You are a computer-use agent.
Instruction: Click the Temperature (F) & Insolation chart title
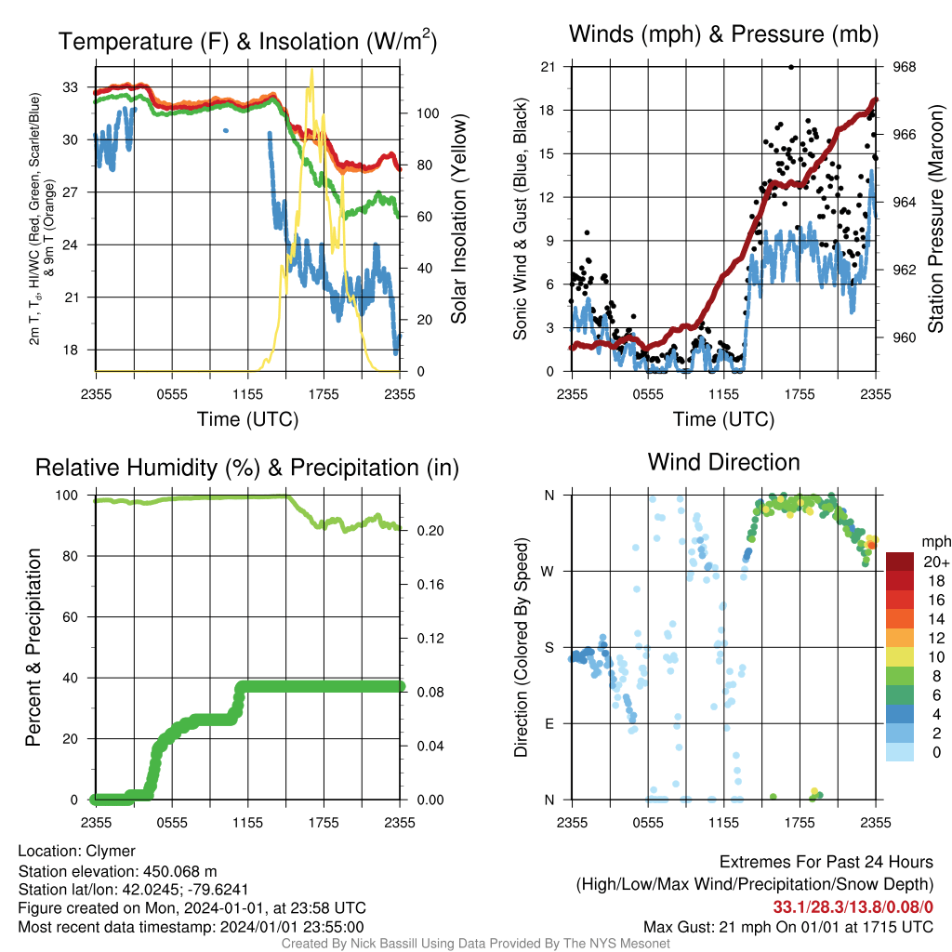[247, 41]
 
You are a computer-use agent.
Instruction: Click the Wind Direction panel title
[723, 462]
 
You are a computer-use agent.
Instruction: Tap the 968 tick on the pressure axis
[904, 67]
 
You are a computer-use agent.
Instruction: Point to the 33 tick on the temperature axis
[71, 87]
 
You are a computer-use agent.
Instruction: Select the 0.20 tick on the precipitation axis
[430, 531]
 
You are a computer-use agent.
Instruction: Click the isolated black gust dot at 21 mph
[791, 67]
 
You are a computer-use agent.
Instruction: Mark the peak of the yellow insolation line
[312, 70]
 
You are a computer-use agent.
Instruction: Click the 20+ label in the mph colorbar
[936, 562]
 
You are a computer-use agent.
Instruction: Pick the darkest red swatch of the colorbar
[900, 562]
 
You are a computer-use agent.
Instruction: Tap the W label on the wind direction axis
[548, 572]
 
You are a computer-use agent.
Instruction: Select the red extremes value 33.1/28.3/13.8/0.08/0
[853, 907]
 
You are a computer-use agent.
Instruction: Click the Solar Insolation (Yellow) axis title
[459, 218]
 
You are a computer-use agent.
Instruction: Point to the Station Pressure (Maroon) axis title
[935, 218]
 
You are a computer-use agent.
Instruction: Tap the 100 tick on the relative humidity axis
[67, 496]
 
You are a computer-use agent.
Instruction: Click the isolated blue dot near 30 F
[226, 130]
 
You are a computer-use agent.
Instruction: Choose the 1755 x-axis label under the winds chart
[800, 394]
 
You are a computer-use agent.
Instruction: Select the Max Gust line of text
[788, 927]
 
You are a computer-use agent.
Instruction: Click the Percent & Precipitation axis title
[33, 647]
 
